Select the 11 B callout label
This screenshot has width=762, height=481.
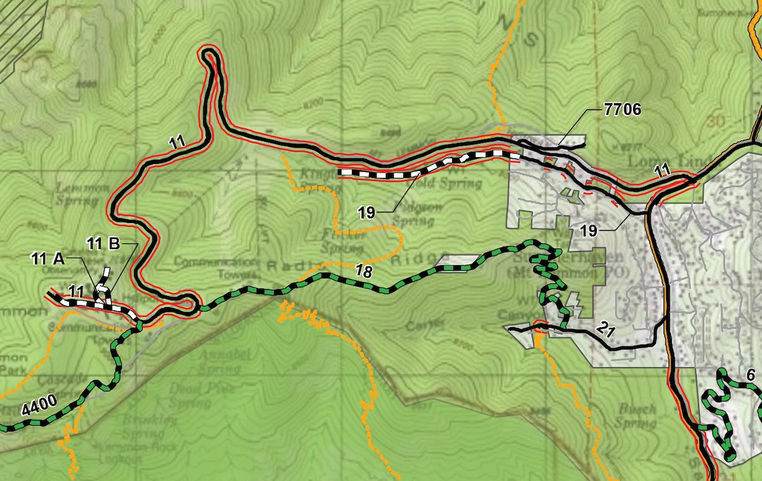pyautogui.click(x=104, y=243)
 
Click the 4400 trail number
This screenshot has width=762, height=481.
pyautogui.click(x=39, y=405)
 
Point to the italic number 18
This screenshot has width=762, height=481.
pyautogui.click(x=363, y=271)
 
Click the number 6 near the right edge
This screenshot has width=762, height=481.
pyautogui.click(x=750, y=376)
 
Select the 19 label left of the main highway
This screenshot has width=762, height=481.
pyautogui.click(x=589, y=231)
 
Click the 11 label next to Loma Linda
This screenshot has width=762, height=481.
pyautogui.click(x=662, y=170)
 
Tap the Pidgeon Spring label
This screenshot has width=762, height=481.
pyautogui.click(x=412, y=215)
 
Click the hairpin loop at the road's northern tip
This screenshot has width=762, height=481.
pyautogui.click(x=210, y=58)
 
